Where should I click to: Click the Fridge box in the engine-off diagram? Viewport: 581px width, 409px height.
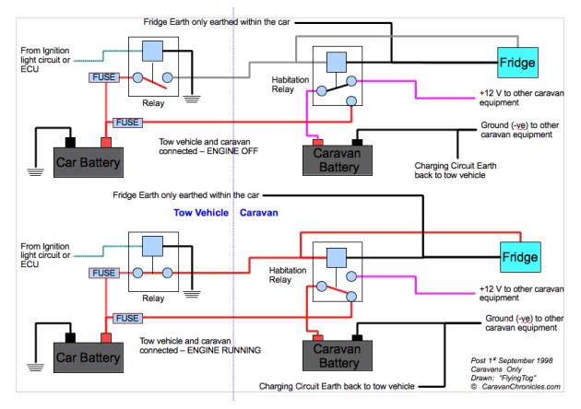point(516,63)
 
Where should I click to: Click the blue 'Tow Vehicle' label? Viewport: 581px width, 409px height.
point(200,212)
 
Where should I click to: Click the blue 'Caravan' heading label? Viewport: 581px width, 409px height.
point(259,212)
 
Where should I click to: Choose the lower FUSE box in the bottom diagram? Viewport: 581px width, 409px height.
point(128,316)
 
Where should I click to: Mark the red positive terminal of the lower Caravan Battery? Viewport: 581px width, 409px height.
point(317,336)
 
